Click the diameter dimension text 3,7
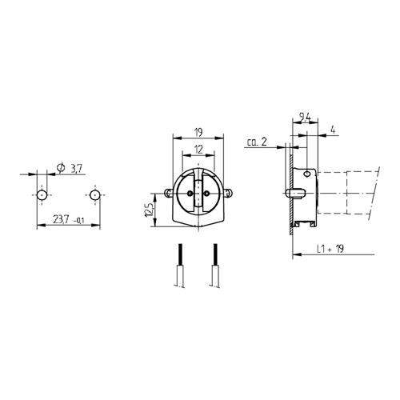pyautogui.click(x=76, y=169)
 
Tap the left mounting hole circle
pyautogui.click(x=41, y=194)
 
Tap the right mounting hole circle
pyautogui.click(x=94, y=194)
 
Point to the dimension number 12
pyautogui.click(x=198, y=150)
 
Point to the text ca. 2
pyautogui.click(x=257, y=143)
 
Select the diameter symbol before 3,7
pyautogui.click(x=59, y=168)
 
